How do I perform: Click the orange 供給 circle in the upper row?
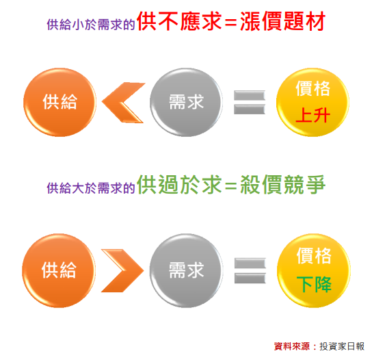59,103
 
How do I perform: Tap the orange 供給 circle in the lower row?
59,270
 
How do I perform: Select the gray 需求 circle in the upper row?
186,103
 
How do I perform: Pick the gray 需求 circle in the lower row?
186,270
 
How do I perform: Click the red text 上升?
313,115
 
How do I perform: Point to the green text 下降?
314,284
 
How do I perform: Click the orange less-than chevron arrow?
123,103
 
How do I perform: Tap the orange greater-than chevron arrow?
122,270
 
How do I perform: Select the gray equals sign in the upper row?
250,103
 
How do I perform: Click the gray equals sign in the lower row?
250,270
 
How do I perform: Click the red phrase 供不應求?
179,21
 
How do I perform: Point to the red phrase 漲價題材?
283,21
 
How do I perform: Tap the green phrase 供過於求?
179,185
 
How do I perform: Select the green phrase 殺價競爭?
283,185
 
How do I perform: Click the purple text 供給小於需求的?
91,25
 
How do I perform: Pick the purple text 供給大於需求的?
91,188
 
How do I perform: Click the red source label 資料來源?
292,346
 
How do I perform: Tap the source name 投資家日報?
342,346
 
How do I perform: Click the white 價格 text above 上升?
313,88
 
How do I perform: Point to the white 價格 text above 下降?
314,256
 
